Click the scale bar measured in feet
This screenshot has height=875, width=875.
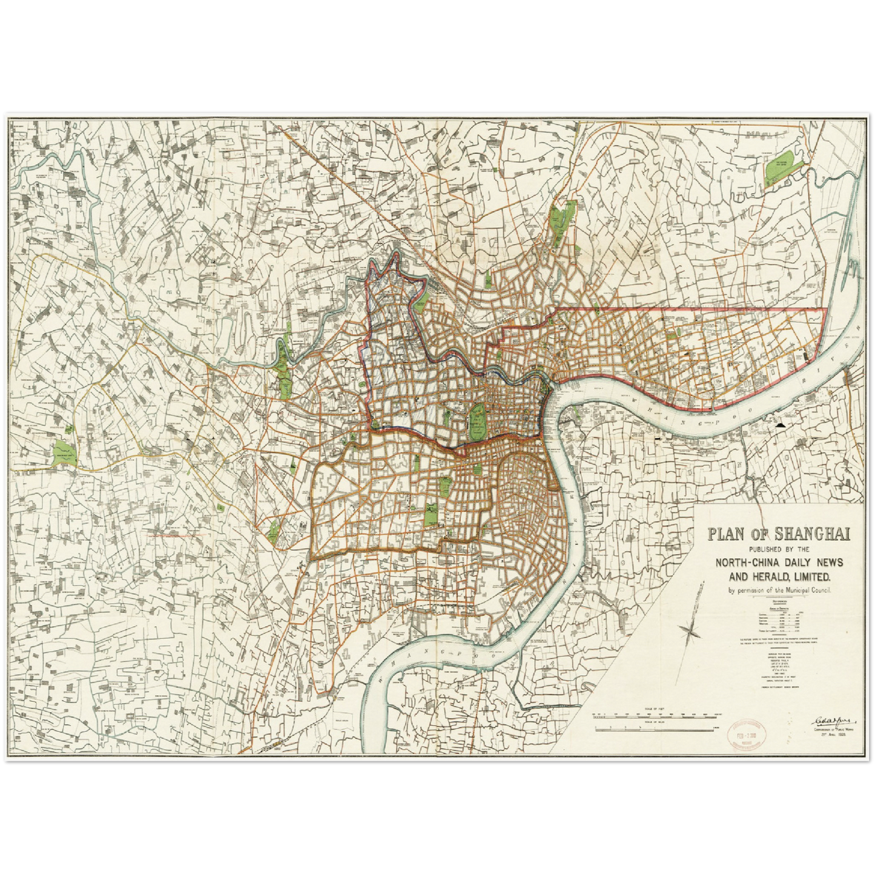[659, 714]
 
